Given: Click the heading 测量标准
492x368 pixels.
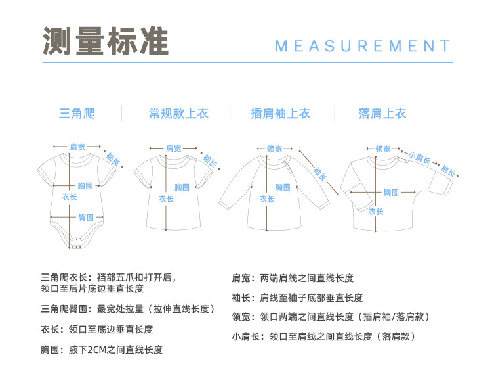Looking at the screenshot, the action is pyautogui.click(x=106, y=41).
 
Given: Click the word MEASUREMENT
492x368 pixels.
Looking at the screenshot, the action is pyautogui.click(x=363, y=46).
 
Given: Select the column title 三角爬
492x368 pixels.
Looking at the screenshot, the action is pyautogui.click(x=77, y=114).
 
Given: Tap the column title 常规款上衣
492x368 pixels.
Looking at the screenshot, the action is pyautogui.click(x=178, y=114).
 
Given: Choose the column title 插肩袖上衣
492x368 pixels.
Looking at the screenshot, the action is pyautogui.click(x=281, y=114).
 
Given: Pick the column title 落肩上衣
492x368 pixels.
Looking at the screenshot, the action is pyautogui.click(x=382, y=114).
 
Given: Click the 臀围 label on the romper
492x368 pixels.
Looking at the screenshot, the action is pyautogui.click(x=86, y=217).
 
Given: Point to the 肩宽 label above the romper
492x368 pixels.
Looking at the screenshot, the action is pyautogui.click(x=77, y=147).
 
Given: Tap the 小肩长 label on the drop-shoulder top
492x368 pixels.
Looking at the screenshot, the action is pyautogui.click(x=419, y=158).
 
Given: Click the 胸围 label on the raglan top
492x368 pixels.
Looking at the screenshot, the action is pyautogui.click(x=283, y=187).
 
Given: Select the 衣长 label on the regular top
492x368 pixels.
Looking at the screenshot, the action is pyautogui.click(x=166, y=199).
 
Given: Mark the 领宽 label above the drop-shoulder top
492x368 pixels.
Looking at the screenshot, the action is pyautogui.click(x=383, y=149).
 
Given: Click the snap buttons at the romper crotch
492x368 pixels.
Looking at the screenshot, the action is pyautogui.click(x=76, y=242).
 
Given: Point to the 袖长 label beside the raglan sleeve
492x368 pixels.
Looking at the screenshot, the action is pyautogui.click(x=320, y=173).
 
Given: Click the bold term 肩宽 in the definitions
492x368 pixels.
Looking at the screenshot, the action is pyautogui.click(x=241, y=278).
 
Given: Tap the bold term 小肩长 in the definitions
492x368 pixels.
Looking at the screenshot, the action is pyautogui.click(x=246, y=336).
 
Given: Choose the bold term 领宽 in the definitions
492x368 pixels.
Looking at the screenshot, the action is pyautogui.click(x=241, y=317).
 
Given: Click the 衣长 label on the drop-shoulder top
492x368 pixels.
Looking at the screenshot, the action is pyautogui.click(x=376, y=212).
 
